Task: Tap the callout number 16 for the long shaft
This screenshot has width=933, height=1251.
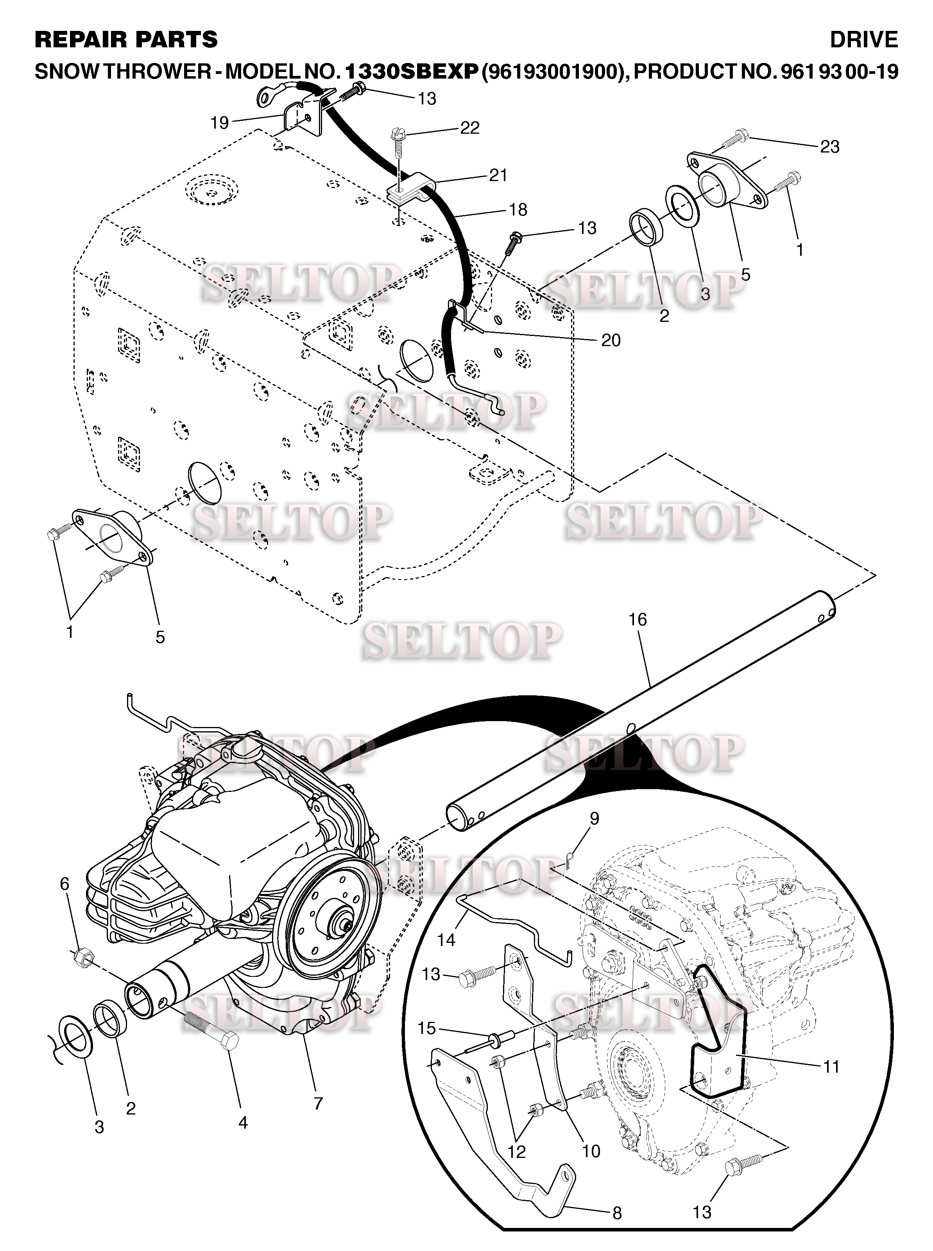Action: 637,619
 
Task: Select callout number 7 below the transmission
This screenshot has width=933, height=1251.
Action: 318,1103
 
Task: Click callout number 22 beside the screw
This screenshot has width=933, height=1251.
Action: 469,128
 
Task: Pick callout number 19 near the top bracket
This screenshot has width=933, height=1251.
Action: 220,123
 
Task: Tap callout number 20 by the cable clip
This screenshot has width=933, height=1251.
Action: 611,340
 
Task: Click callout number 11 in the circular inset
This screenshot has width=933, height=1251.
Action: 831,1067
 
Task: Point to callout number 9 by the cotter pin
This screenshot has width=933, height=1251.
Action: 594,818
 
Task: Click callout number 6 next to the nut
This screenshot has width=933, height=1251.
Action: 64,884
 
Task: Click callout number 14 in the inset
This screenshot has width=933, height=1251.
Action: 446,940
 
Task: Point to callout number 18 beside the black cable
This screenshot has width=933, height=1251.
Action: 518,210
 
